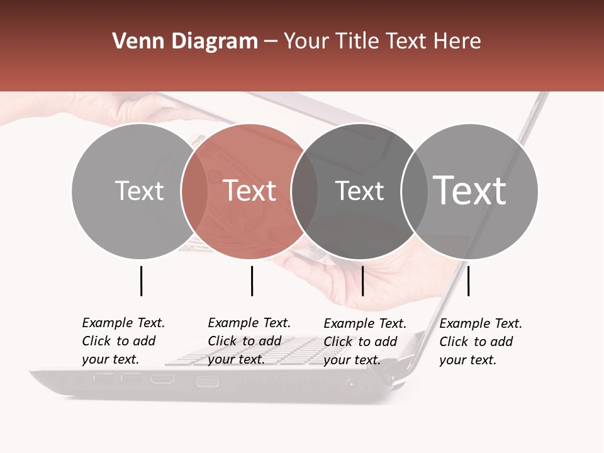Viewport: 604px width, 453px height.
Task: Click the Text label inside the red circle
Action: coord(250,191)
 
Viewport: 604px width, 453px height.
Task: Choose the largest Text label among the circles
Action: coord(470,190)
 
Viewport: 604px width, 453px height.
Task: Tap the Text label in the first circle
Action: coord(140,191)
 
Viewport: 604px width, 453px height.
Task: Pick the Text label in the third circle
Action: coord(359,191)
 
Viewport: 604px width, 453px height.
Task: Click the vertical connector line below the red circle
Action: coord(252,281)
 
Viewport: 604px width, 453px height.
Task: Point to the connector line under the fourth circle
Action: coord(469,281)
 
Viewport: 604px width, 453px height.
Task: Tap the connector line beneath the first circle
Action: coord(142,281)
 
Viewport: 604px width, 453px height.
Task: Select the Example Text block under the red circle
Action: coord(249,341)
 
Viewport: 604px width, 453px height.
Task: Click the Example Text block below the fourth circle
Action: coord(481,342)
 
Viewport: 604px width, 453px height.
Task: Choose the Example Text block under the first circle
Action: coord(123,341)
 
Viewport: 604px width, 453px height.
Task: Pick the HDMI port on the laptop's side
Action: coord(162,379)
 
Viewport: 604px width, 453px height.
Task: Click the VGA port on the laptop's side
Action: coord(207,381)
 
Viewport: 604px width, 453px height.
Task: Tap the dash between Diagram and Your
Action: coord(271,42)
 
